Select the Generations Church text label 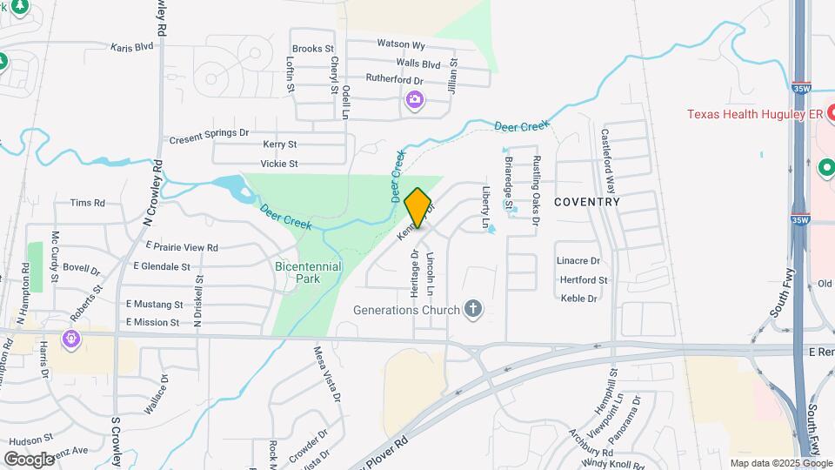point(406,309)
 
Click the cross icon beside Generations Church point(473,308)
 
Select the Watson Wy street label point(401,44)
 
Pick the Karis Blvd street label point(132,47)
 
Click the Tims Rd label point(87,203)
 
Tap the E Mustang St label point(154,305)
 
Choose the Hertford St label point(584,280)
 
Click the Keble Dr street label point(579,299)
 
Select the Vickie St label point(279,164)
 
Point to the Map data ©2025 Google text point(780,463)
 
